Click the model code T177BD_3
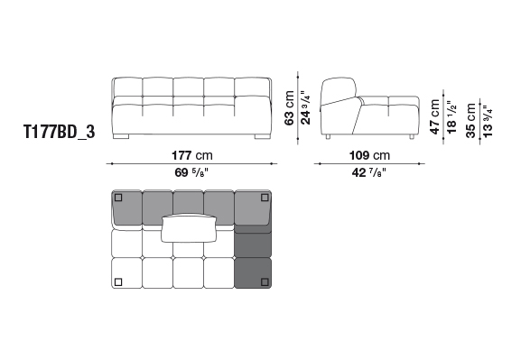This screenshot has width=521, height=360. pos(60,132)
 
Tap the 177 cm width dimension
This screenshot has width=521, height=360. pos(192,155)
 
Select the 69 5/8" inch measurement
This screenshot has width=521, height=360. pos(191,172)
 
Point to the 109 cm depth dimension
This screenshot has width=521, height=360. pos(369,155)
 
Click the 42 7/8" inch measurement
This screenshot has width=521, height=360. pos(369,172)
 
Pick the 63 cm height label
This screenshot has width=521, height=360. pos(289,108)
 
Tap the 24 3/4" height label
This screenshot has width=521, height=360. pos(305,107)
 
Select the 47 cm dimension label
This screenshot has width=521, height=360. pos(435,116)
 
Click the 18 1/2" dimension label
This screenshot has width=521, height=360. pos(451,117)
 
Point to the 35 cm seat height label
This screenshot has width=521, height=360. pos(471,120)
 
